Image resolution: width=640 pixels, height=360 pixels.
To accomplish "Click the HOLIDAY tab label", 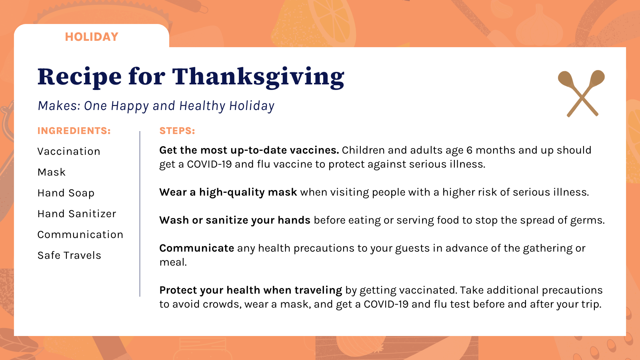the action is tap(92, 37).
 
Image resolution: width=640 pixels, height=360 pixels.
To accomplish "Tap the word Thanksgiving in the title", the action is tap(258, 78).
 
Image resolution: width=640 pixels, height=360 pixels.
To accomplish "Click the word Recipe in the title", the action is tap(80, 78).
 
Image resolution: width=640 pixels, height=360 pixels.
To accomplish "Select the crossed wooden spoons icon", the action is tap(581, 94).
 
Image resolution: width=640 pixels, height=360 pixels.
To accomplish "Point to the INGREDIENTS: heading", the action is tap(74, 131).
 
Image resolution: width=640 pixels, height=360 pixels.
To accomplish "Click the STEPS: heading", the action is tap(177, 131).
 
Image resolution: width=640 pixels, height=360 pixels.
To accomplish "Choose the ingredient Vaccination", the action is tap(69, 151).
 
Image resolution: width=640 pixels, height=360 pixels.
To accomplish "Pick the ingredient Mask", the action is tap(52, 172).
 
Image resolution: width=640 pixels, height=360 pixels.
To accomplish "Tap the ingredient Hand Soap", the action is tap(66, 193).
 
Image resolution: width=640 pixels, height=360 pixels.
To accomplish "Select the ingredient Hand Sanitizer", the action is tap(77, 214).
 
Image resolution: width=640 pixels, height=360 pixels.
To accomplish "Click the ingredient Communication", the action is tap(80, 234).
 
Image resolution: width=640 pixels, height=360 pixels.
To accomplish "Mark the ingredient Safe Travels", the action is tap(69, 255).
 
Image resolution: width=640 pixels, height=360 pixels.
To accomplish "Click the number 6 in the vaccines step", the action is tap(469, 150).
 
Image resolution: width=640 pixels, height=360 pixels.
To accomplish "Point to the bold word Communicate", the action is tap(196, 248).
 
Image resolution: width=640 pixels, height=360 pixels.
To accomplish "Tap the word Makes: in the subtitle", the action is tap(59, 106).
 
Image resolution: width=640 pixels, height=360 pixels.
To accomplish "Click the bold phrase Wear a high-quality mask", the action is tap(228, 192).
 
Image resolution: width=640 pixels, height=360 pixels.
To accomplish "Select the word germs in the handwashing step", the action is tap(588, 220).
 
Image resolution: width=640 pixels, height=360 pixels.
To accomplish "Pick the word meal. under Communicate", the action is tap(173, 262).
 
